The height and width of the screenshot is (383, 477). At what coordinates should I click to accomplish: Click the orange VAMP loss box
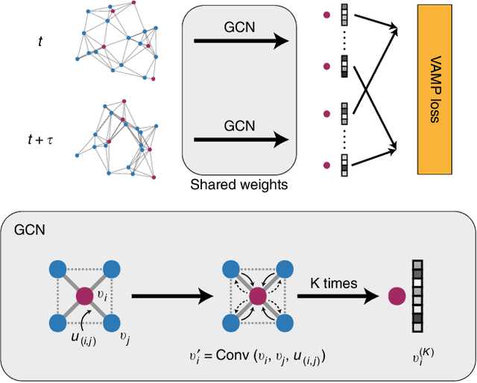[x=435, y=89]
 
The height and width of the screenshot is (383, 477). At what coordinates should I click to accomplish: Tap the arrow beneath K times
[x=336, y=297]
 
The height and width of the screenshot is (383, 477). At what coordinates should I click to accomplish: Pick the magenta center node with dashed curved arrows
[x=257, y=297]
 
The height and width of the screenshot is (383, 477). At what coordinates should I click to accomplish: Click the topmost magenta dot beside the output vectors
[x=326, y=14]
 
